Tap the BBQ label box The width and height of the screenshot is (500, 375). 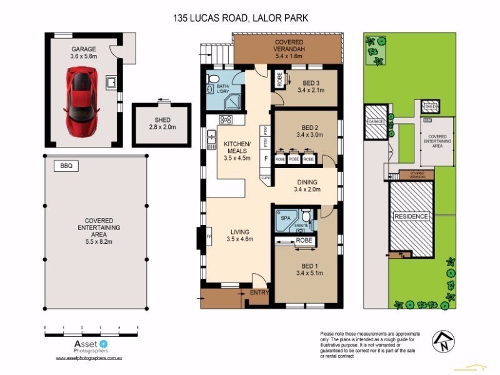pyautogui.click(x=66, y=166)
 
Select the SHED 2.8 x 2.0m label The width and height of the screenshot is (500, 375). pyautogui.click(x=162, y=124)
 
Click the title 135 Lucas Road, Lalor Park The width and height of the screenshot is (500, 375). pyautogui.click(x=241, y=19)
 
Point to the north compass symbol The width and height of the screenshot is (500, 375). pyautogui.click(x=444, y=341)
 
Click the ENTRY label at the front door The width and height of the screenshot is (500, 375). pyautogui.click(x=259, y=292)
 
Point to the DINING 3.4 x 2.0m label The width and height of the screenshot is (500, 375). pyautogui.click(x=306, y=186)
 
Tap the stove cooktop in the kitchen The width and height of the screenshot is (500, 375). pyautogui.click(x=226, y=120)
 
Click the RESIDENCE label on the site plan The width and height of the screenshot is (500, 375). pyautogui.click(x=411, y=217)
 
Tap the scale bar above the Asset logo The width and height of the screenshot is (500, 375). pyautogui.click(x=91, y=327)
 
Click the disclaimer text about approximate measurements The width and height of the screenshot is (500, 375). pyautogui.click(x=369, y=345)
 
